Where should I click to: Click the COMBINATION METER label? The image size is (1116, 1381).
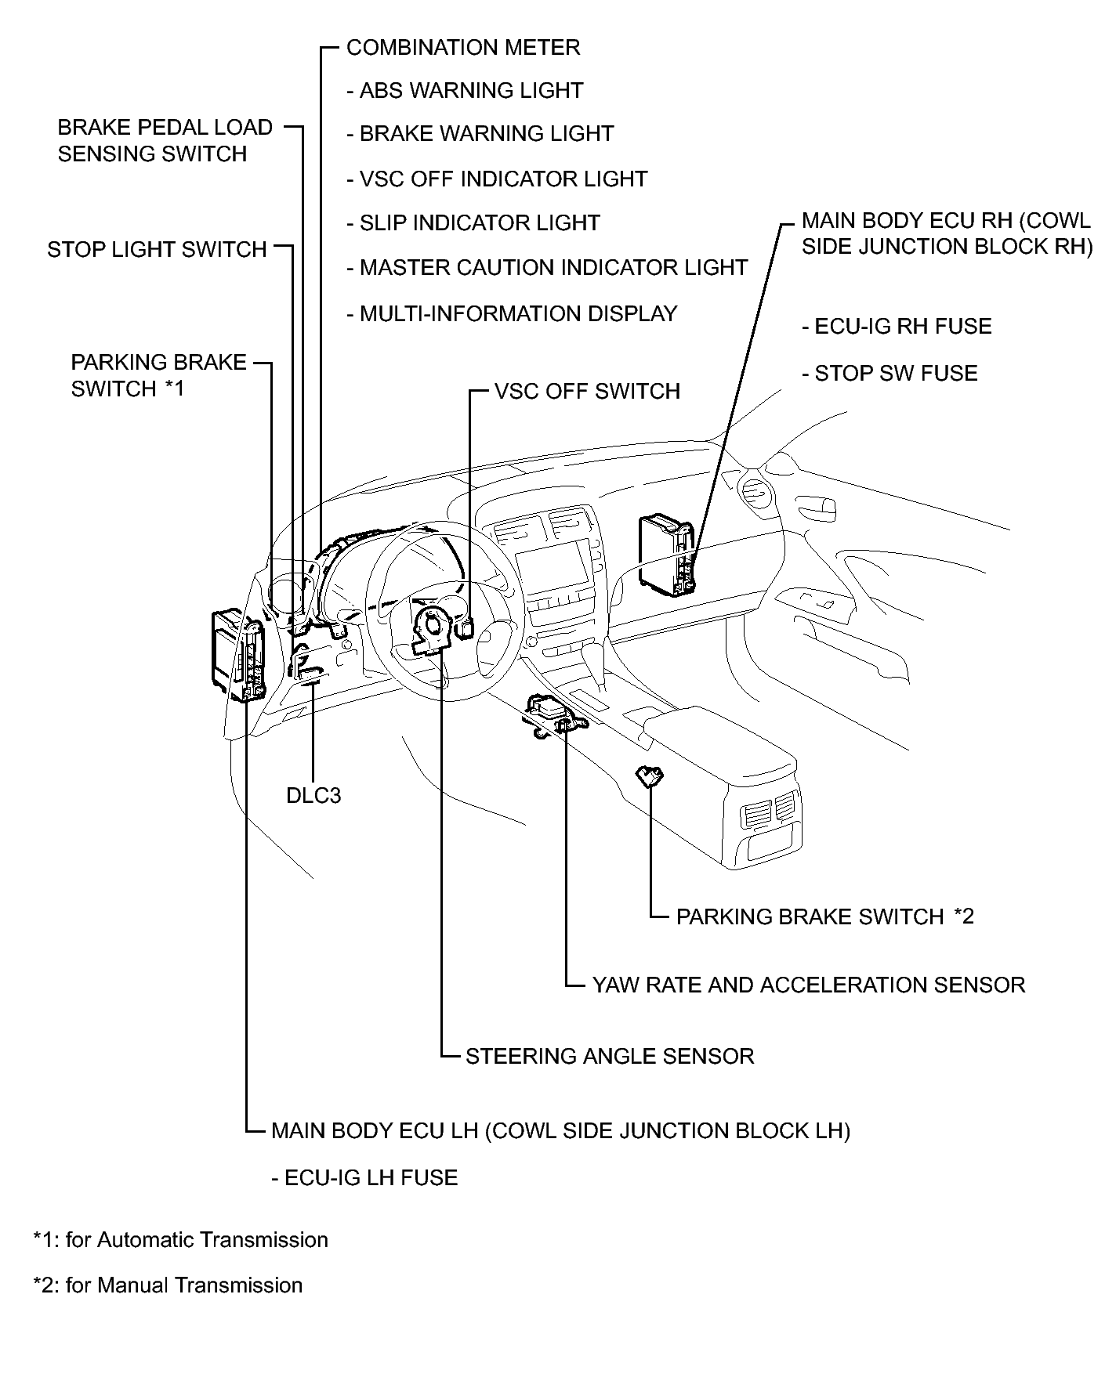tap(462, 48)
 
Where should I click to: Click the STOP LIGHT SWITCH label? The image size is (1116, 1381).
tap(157, 250)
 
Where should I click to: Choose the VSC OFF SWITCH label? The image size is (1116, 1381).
tap(587, 392)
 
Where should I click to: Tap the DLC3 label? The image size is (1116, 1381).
tap(313, 796)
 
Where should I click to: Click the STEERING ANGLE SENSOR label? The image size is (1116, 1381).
tap(609, 1056)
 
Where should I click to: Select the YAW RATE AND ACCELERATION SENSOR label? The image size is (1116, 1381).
tap(808, 985)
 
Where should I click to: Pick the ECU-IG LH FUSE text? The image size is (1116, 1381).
tap(364, 1178)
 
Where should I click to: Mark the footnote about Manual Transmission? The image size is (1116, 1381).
tap(168, 1285)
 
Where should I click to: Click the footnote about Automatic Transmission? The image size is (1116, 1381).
tap(180, 1240)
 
